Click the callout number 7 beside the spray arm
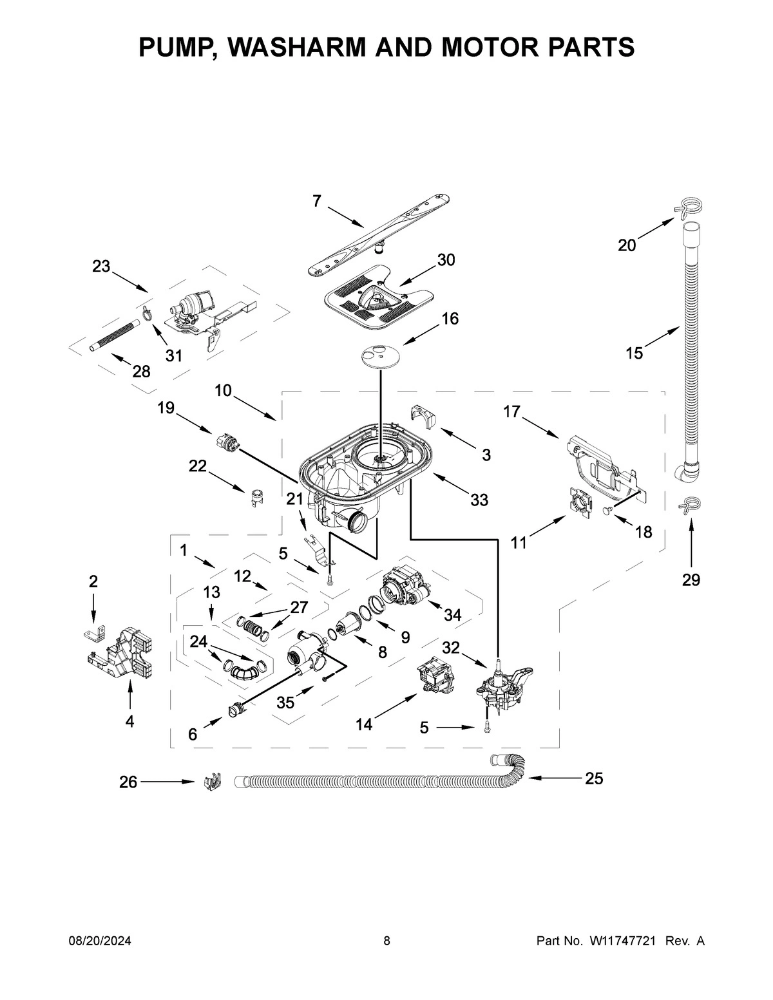tap(316, 202)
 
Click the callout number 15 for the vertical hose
tap(635, 353)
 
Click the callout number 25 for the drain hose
tap(593, 778)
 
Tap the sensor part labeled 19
tap(225, 444)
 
